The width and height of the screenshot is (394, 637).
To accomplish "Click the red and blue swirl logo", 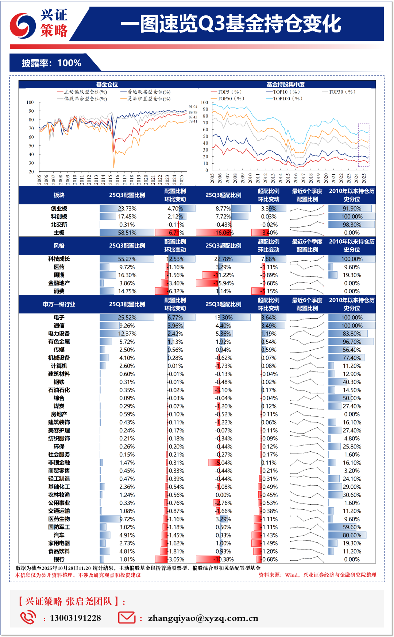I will [23, 26].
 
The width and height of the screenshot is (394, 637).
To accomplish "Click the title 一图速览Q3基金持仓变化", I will [231, 24].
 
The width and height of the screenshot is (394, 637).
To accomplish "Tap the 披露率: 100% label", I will [51, 63].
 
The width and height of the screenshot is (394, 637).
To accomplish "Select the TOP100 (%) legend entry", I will [287, 98].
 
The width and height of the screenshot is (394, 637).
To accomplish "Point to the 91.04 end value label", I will [193, 107].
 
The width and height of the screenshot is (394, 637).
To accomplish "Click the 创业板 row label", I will [59, 209].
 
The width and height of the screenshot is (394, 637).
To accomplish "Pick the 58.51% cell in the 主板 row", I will [127, 233].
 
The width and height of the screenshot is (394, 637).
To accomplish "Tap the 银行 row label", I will [59, 559].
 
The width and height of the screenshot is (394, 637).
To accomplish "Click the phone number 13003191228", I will [76, 618].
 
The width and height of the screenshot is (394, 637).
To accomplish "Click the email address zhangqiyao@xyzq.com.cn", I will [203, 618].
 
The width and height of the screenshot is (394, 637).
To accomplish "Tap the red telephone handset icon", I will [28, 617].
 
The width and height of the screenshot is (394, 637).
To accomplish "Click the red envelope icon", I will [127, 617].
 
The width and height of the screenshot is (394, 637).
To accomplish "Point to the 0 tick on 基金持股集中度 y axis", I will [206, 170].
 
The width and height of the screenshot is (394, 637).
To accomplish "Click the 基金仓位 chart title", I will [107, 85].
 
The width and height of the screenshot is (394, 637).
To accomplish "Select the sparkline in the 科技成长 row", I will [307, 259].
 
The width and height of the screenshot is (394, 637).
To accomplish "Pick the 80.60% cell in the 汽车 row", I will [352, 535].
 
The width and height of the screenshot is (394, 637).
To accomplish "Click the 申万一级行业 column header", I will [59, 304].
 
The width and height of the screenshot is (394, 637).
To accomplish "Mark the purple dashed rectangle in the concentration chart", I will [363, 145].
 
